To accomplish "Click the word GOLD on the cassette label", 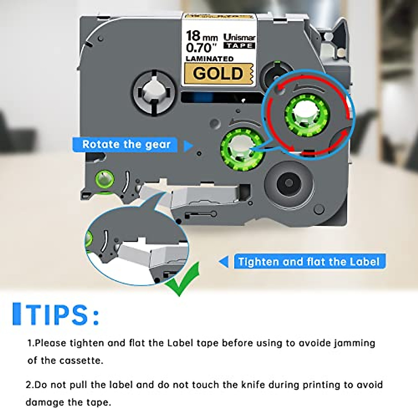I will (x=218, y=73).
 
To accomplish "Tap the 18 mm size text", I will (x=202, y=36).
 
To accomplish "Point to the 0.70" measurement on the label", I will (x=199, y=47).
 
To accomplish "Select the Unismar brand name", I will (x=239, y=37).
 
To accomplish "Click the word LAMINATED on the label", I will (x=209, y=59).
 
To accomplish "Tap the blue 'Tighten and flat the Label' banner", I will (x=309, y=262).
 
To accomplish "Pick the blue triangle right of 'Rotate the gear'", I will (x=188, y=146).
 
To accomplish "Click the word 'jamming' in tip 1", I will (x=355, y=343).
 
